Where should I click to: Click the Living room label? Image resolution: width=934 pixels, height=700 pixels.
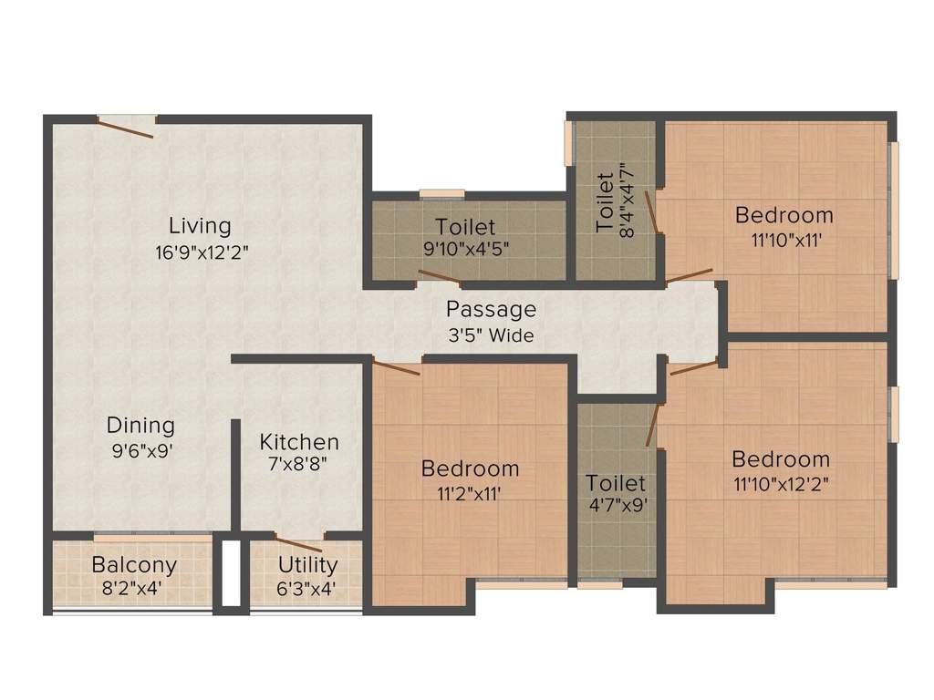(200, 225)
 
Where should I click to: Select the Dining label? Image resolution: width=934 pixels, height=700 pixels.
(140, 425)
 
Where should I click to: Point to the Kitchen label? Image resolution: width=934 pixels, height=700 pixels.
(299, 442)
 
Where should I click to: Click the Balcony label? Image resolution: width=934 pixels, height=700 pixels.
(134, 564)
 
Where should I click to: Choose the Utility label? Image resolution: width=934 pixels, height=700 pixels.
(307, 564)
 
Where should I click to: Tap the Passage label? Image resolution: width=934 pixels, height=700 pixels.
(491, 309)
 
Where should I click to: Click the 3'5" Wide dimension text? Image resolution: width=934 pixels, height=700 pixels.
(491, 335)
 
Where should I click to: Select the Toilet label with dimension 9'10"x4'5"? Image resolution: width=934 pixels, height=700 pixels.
(465, 226)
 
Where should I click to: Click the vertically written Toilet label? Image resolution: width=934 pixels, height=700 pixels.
(606, 201)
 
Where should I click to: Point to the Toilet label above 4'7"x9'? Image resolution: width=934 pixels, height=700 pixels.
(616, 482)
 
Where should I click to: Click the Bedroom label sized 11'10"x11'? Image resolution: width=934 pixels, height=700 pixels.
(784, 215)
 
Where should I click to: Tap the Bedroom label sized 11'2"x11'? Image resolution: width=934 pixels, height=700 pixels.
(470, 468)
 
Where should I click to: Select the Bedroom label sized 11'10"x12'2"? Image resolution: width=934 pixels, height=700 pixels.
(781, 458)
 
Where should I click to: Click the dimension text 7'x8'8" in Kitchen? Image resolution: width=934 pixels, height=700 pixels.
(299, 465)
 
